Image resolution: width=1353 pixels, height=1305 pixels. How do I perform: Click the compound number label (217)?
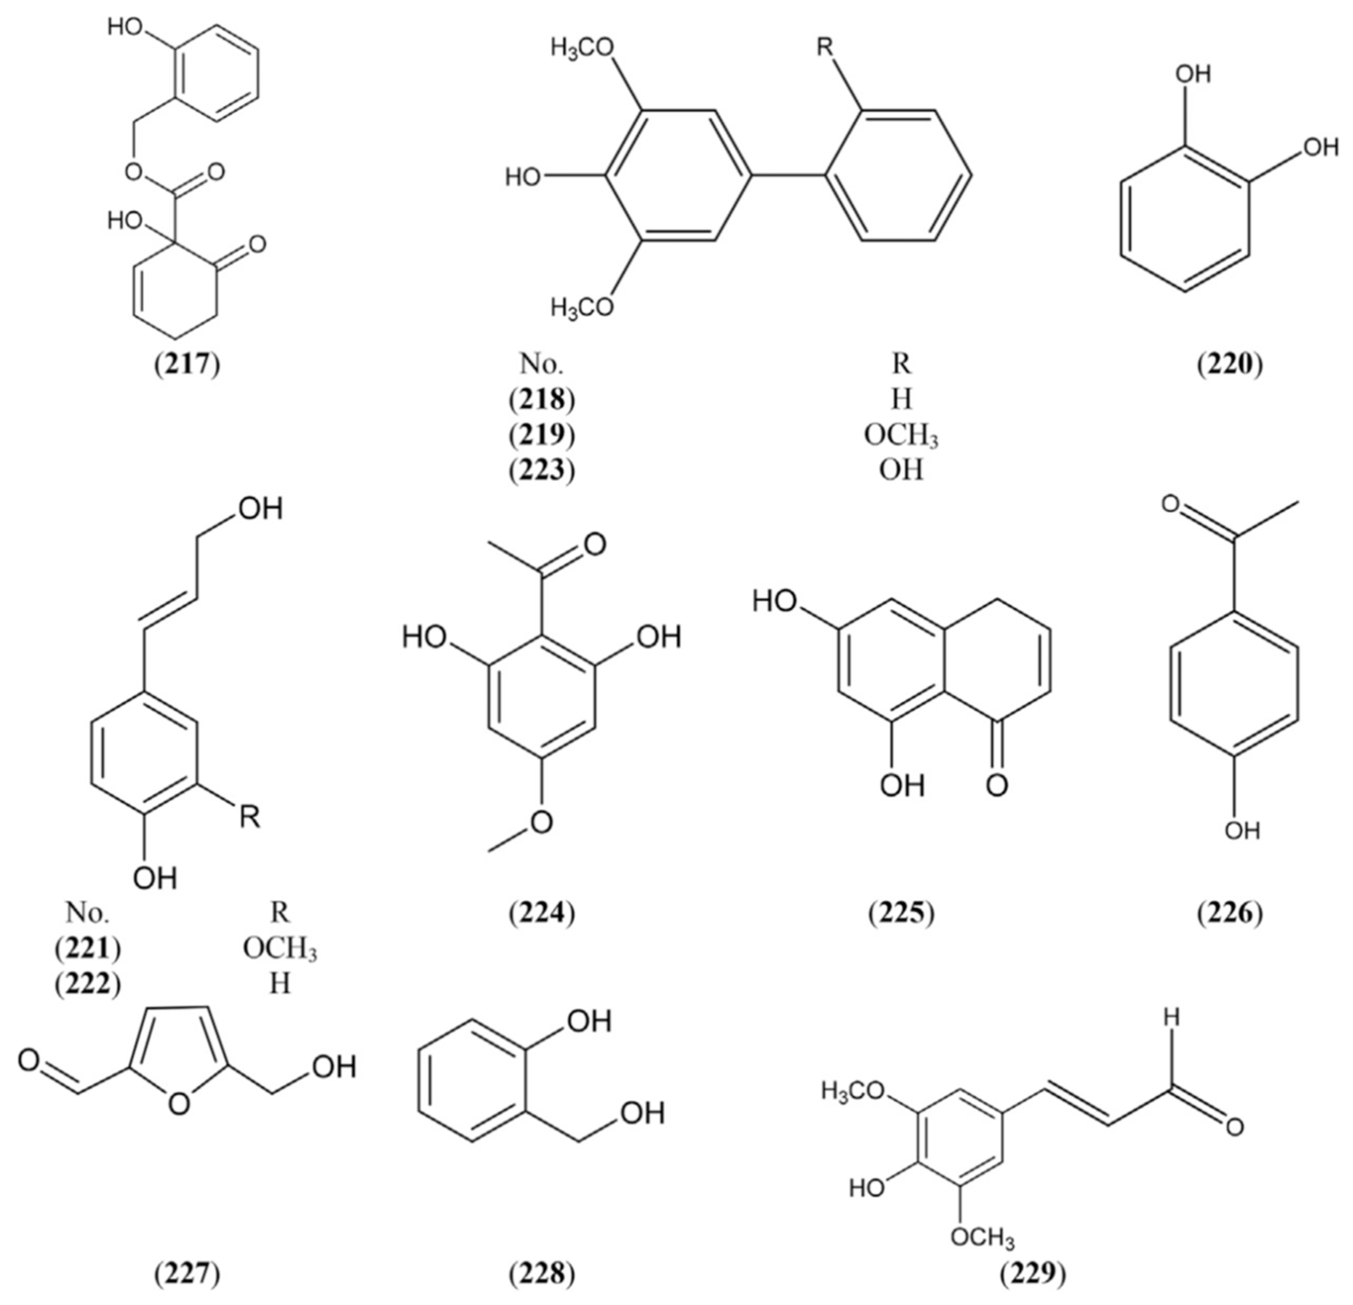(x=187, y=364)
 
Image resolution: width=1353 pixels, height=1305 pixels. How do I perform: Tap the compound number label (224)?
(x=542, y=913)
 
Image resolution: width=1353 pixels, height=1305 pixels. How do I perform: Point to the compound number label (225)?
(x=901, y=913)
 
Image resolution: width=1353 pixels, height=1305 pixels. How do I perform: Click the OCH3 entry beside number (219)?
(x=901, y=436)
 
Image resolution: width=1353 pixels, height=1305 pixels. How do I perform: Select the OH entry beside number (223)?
(x=901, y=471)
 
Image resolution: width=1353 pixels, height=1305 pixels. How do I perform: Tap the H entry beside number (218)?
(x=901, y=399)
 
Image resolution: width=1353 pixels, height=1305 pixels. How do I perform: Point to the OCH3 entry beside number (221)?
(x=280, y=949)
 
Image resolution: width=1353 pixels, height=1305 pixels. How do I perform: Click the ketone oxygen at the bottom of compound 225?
(x=996, y=785)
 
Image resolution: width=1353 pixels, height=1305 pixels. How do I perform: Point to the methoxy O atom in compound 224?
(x=542, y=822)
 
